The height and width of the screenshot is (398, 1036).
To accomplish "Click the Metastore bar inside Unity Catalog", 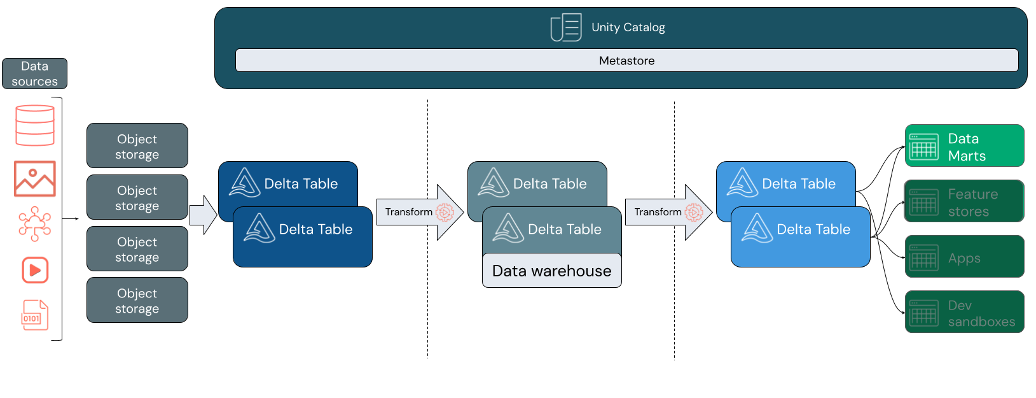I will pyautogui.click(x=626, y=60).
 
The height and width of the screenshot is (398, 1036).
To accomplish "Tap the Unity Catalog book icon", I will pyautogui.click(x=565, y=27).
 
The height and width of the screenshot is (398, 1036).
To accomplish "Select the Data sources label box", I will pyautogui.click(x=34, y=74).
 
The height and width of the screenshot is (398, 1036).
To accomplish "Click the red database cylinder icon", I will pyautogui.click(x=35, y=125).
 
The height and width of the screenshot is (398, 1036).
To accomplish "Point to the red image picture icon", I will pyautogui.click(x=35, y=178).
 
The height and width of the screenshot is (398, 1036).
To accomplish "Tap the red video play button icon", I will pyautogui.click(x=36, y=270).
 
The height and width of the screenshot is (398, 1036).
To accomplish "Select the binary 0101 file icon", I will pyautogui.click(x=35, y=315).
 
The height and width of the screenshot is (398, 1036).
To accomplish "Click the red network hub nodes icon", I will pyautogui.click(x=35, y=224).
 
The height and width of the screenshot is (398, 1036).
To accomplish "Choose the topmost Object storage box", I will pyautogui.click(x=137, y=146).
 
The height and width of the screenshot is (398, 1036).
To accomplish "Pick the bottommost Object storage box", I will pyautogui.click(x=137, y=301).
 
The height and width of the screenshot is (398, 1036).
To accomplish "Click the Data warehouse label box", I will pyautogui.click(x=551, y=271).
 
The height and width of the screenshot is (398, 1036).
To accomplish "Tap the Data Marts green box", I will pyautogui.click(x=964, y=146).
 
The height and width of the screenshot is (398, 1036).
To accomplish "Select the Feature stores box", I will pyautogui.click(x=964, y=201).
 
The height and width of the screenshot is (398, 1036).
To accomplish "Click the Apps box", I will pyautogui.click(x=964, y=257).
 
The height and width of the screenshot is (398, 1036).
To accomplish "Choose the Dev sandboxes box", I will pyautogui.click(x=964, y=312).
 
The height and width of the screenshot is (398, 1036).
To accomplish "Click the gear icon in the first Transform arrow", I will pyautogui.click(x=445, y=212).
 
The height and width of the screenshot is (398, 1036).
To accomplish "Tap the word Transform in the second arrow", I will pyautogui.click(x=658, y=212).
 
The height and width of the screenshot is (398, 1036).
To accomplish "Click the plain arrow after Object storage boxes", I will pyautogui.click(x=203, y=215).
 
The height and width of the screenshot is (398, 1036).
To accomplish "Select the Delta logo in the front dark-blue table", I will pyautogui.click(x=259, y=228).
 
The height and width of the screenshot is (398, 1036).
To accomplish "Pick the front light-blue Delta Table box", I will pyautogui.click(x=800, y=237).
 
